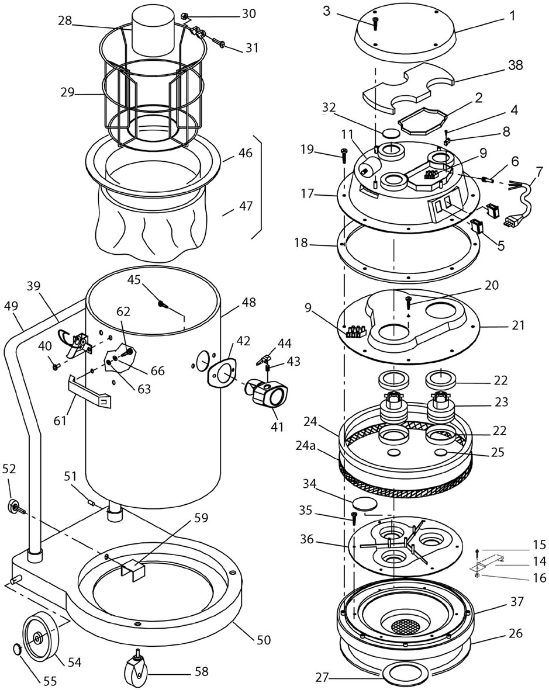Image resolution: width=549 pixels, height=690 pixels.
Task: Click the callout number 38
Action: (514, 65)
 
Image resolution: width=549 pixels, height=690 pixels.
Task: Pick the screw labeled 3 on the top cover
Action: (375, 24)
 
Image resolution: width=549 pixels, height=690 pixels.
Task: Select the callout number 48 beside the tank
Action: (248, 303)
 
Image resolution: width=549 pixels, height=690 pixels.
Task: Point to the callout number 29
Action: (68, 93)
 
